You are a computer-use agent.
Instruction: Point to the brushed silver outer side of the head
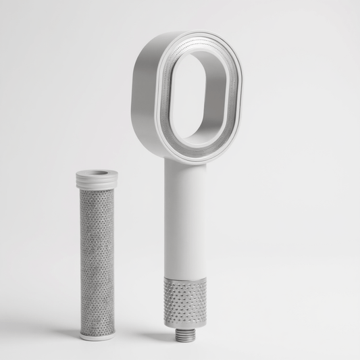pos(146,88)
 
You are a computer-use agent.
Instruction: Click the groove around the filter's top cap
pos(97,187)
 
